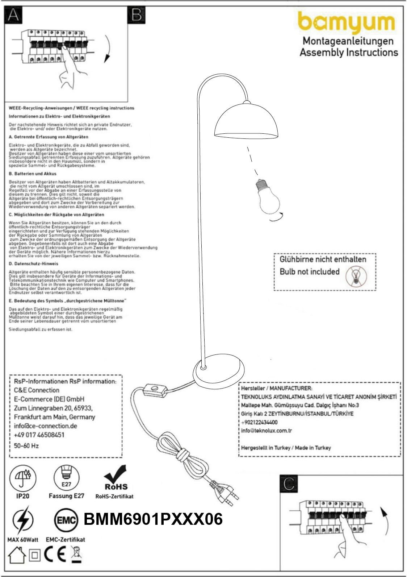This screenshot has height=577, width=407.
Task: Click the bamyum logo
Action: click(346, 23)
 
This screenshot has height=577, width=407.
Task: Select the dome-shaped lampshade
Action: click(246, 123)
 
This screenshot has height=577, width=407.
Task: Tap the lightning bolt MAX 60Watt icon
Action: click(22, 521)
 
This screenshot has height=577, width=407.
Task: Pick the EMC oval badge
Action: click(66, 520)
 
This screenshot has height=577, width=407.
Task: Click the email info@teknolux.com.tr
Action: click(267, 431)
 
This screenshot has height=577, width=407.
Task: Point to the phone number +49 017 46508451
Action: click(39, 435)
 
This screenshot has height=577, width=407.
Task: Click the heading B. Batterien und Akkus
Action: click(33, 174)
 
